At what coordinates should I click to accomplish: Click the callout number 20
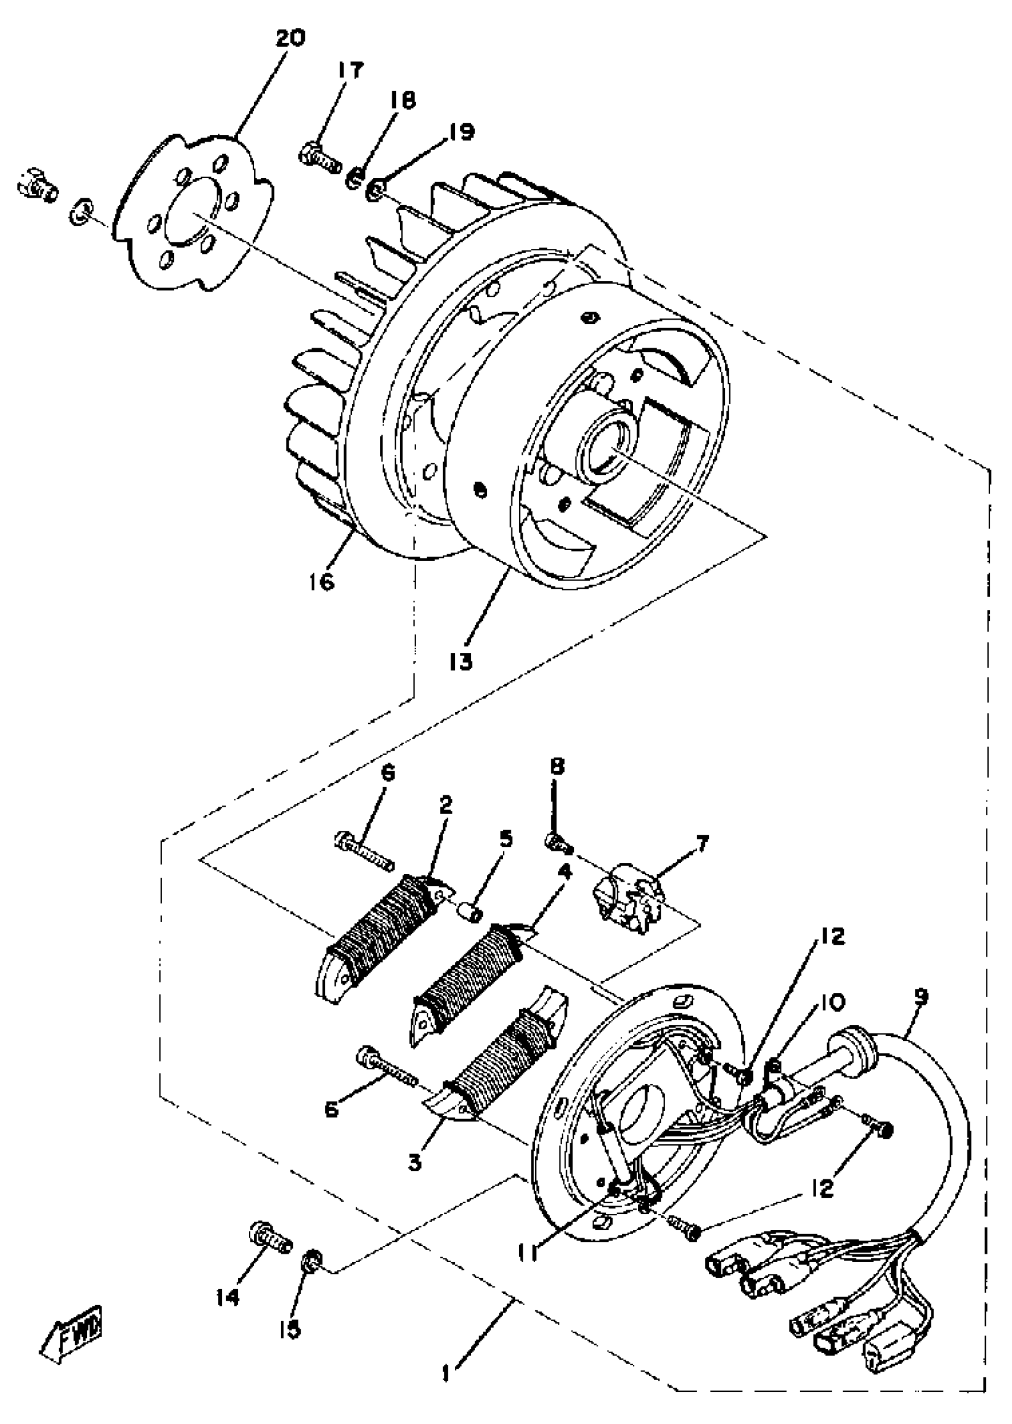[290, 39]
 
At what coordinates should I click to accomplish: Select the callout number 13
[462, 661]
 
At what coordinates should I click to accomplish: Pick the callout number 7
[701, 844]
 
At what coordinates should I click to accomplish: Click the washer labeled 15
[311, 1261]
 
